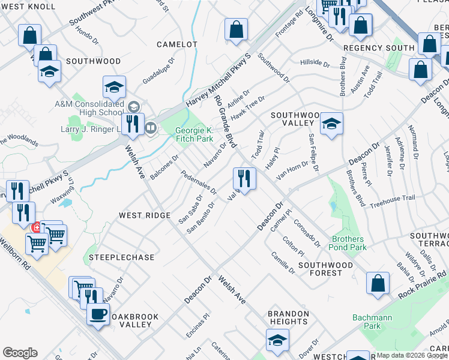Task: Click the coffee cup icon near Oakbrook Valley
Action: pos(98,313)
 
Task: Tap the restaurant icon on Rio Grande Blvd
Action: pos(244,178)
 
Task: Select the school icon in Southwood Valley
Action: pos(331,124)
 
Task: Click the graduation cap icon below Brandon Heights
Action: pos(277,340)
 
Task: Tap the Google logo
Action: pos(20,353)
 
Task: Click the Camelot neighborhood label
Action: pos(177,44)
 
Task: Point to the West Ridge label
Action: pos(145,215)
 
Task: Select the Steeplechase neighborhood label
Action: pos(122,257)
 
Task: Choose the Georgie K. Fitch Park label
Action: pos(194,135)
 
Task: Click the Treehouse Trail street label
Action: pos(393,198)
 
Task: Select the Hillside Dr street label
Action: pos(315,63)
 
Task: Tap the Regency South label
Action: pos(379,47)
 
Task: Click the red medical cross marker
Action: pos(37,227)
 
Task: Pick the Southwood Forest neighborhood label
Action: pos(325,269)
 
